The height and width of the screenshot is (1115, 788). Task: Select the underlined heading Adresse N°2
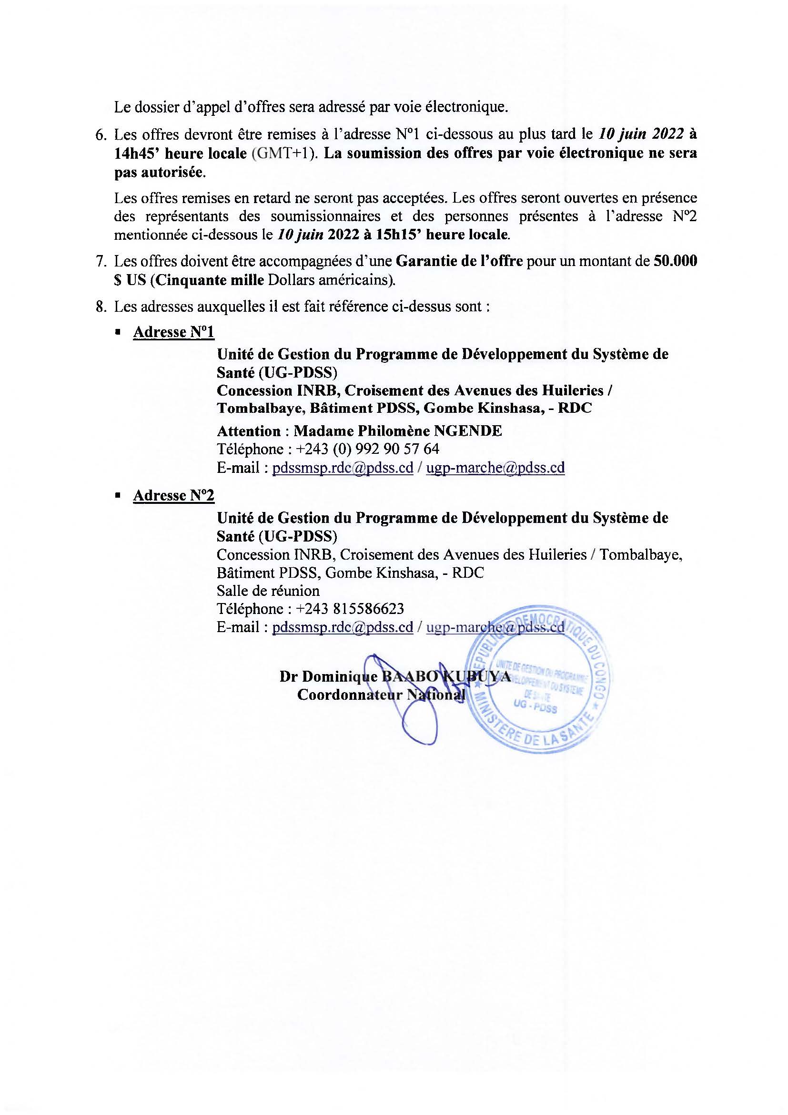tap(173, 495)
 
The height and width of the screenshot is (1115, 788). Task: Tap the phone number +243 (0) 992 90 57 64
tap(367, 449)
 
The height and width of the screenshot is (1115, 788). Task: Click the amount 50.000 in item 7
tap(675, 261)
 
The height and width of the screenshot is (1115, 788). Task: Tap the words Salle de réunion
tap(268, 591)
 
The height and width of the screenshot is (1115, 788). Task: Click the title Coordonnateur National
tap(381, 695)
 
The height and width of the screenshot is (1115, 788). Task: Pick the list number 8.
tap(101, 307)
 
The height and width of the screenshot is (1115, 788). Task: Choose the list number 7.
tap(101, 261)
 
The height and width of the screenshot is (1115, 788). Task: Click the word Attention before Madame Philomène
tap(248, 431)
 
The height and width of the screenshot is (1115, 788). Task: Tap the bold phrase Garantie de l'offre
tap(459, 261)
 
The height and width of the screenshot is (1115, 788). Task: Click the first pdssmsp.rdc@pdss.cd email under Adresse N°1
tap(342, 468)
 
